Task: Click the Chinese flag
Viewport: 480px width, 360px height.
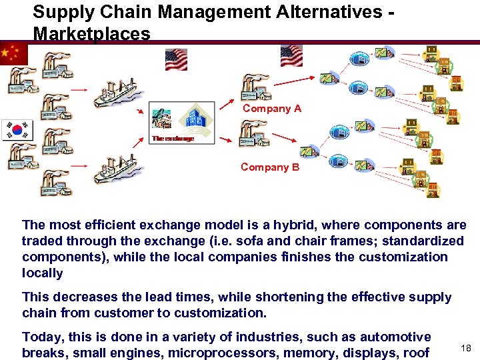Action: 13,53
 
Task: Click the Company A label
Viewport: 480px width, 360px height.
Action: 271,108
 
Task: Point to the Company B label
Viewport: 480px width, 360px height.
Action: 270,167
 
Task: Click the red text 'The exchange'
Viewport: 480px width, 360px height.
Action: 172,139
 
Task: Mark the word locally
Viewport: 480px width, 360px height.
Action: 42,273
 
